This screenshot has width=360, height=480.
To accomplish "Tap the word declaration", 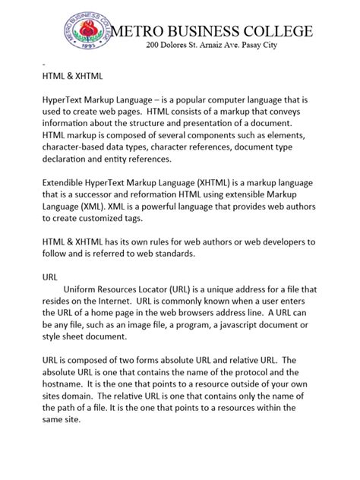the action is [x=67, y=160].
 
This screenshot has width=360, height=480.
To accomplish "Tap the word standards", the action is [x=169, y=254].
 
